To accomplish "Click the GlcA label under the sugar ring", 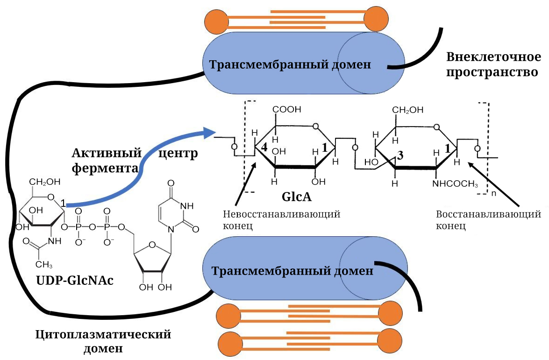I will coord(296,197).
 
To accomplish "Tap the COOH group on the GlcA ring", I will coord(287,110).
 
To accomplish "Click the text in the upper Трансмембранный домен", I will coord(290,64).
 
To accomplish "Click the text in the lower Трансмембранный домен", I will coord(292,271).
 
